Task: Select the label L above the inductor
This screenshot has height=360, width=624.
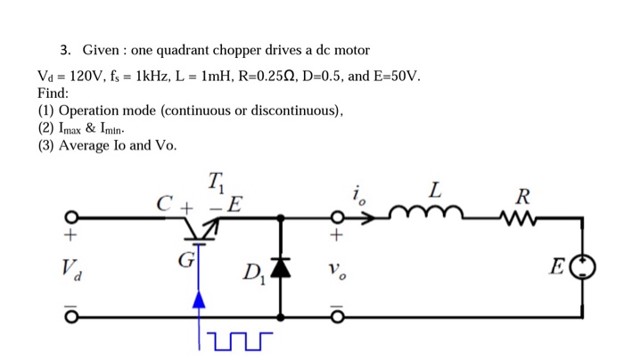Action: point(434,190)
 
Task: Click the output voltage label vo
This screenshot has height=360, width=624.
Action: point(336,268)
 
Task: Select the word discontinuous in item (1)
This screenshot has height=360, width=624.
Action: point(294,110)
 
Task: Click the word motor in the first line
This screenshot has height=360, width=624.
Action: point(350,50)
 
